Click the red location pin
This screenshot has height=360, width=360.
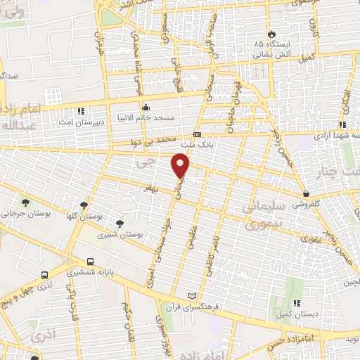[181, 165]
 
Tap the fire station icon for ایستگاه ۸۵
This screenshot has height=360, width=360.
[272, 34]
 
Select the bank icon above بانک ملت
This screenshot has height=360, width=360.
[197, 134]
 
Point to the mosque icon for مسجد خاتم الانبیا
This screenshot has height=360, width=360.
[146, 107]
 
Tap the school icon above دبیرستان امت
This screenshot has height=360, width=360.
[82, 110]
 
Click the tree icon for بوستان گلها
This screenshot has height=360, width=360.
[84, 205]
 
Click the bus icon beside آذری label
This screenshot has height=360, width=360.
[44, 275]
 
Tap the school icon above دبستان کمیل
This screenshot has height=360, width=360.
[296, 302]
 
